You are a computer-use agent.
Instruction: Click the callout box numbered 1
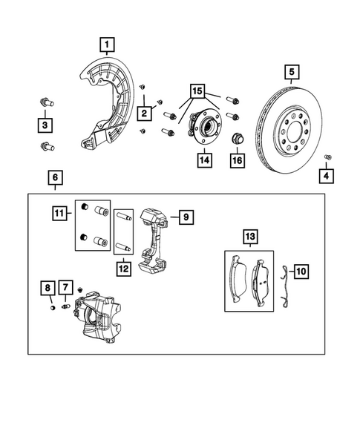coord(108,45)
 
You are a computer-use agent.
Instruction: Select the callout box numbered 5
coord(292,72)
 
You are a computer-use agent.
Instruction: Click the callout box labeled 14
coord(203,159)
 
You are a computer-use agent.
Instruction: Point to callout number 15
coord(198,91)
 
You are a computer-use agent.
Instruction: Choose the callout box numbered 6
coord(55,178)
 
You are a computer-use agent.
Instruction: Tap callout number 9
coord(186,217)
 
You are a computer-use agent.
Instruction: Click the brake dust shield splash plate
coord(111,104)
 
